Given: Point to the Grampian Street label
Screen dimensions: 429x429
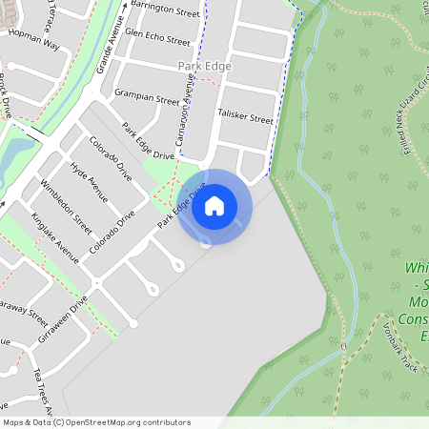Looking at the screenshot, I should (147, 97).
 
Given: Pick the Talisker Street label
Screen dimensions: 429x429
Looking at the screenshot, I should (245, 114).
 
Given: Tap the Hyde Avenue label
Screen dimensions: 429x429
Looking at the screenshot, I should (90, 180).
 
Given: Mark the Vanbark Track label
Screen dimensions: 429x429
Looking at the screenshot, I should (402, 334).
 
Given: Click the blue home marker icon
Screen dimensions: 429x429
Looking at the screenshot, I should (214, 206).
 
